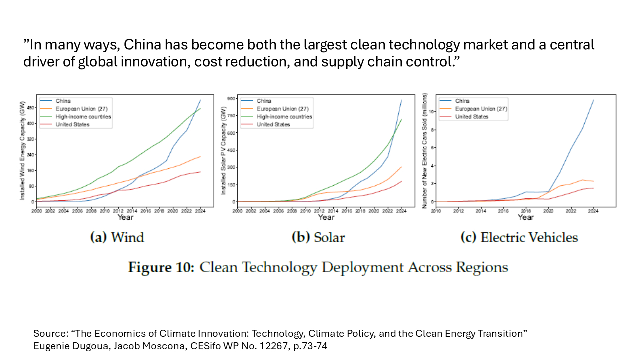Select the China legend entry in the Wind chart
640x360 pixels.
[63, 101]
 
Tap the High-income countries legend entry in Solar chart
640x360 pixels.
[284, 117]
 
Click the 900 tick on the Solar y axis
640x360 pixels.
[230, 99]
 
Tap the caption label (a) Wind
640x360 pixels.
[117, 237]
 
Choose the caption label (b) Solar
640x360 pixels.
[318, 237]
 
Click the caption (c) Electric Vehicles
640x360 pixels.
[519, 237]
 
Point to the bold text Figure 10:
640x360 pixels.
[161, 267]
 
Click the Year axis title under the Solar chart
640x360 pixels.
[326, 217]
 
